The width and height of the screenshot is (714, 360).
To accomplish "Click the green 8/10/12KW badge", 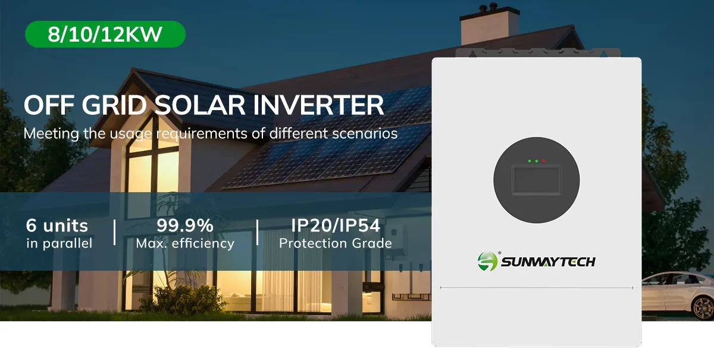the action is [105, 34].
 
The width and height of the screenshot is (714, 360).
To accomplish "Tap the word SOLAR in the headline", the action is [199, 105].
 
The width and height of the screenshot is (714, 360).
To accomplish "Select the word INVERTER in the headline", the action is [319, 105].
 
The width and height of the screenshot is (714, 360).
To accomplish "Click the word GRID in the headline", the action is [114, 105].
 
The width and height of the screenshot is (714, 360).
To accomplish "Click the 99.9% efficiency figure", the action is [185, 226].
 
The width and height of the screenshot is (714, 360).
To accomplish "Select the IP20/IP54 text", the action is [336, 226].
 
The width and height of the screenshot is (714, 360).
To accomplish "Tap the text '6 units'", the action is [57, 226].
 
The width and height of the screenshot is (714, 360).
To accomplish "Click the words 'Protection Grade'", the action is [336, 243].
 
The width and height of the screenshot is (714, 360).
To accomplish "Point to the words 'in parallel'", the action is [59, 243].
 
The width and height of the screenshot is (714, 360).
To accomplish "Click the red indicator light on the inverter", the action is [543, 161].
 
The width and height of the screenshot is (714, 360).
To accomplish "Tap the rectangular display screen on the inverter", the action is [537, 180].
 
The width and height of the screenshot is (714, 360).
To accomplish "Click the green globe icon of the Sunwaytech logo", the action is [487, 261].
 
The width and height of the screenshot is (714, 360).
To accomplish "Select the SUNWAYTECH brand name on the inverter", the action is [548, 262].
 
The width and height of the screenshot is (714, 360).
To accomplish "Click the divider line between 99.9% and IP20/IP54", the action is [257, 233].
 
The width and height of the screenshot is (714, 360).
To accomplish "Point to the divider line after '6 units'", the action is [114, 233].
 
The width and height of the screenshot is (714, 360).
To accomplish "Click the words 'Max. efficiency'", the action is [185, 243].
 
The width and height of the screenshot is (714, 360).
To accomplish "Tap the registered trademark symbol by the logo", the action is [499, 253].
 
